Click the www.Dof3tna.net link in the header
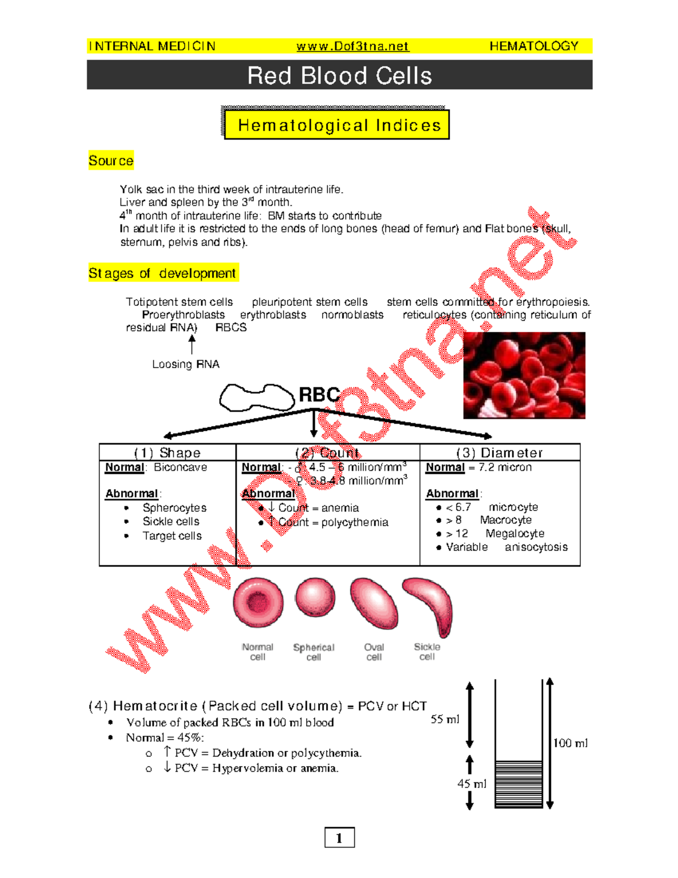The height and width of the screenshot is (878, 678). (352, 46)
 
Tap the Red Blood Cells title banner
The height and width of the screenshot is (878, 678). (339, 75)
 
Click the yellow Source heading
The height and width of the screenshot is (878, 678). (111, 161)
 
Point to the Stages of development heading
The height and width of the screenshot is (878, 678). (162, 273)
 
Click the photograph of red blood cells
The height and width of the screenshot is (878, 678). (524, 375)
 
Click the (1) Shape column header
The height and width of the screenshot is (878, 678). (167, 453)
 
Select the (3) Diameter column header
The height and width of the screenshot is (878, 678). (499, 453)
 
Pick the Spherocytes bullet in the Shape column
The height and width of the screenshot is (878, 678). (174, 508)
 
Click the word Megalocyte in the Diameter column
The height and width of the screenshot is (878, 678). (515, 533)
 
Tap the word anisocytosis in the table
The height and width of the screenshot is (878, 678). (536, 547)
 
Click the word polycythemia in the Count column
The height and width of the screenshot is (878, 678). (354, 522)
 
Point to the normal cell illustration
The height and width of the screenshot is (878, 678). (258, 603)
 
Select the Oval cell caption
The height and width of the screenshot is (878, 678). (373, 652)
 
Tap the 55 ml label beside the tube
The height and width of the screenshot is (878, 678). (445, 719)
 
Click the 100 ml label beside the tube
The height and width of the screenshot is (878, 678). (570, 743)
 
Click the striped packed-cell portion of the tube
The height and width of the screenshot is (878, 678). (519, 784)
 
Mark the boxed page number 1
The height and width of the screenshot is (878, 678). (339, 837)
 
